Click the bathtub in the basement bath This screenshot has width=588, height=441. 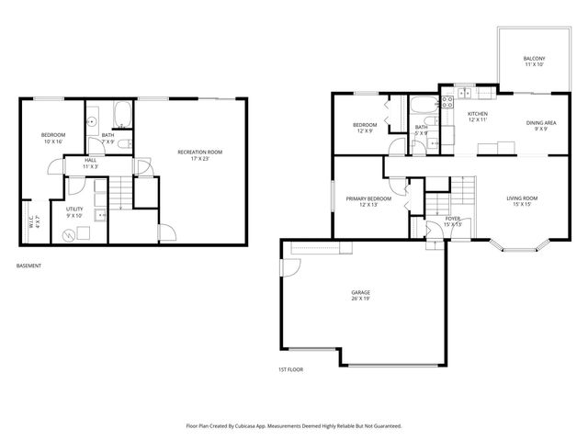[x=123, y=116]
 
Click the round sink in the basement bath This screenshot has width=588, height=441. [x=92, y=120]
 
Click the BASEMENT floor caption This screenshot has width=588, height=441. [x=28, y=266]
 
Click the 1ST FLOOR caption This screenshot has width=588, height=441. [x=290, y=369]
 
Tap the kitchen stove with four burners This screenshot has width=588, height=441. [x=447, y=104]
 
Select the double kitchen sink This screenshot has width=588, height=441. [x=464, y=94]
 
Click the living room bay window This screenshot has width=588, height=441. [x=520, y=244]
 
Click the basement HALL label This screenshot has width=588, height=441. [x=90, y=163]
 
